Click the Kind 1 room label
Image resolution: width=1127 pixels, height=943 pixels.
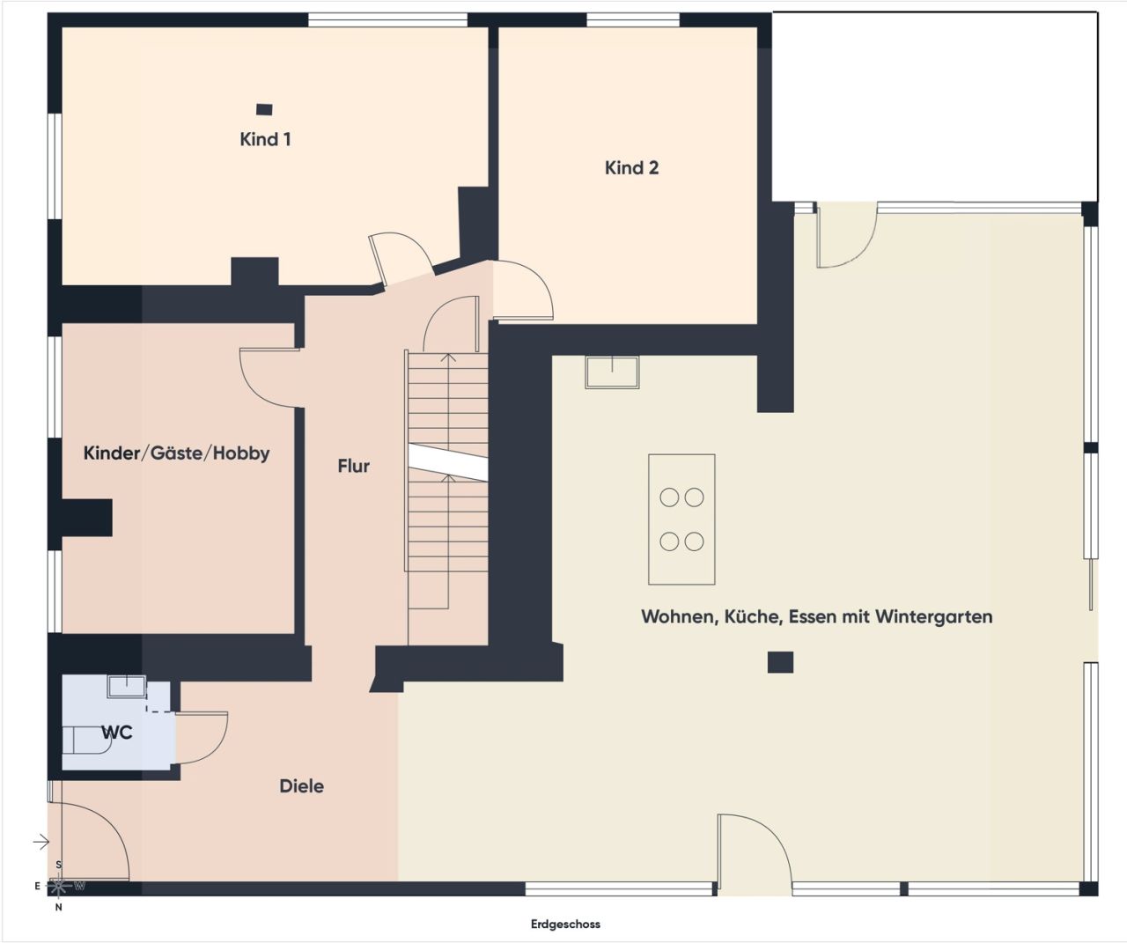point(265,139)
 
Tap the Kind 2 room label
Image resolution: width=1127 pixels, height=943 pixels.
point(631,167)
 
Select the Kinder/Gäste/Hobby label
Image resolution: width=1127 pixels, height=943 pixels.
point(176,453)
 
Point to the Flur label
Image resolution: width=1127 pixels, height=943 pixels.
point(353,466)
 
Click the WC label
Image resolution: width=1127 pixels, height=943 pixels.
point(116,733)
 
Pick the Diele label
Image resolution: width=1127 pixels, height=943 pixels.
point(301,785)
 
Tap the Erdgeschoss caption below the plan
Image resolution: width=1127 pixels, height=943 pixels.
point(565,924)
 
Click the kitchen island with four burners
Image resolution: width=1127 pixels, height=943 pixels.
point(681,519)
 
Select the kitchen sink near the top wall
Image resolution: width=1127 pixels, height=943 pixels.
point(612,372)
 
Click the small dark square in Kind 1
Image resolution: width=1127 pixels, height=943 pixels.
point(263,109)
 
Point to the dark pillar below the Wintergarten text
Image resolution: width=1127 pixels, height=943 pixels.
point(780,662)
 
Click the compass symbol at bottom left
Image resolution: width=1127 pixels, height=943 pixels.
point(59,885)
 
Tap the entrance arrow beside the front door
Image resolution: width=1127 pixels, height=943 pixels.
point(41,843)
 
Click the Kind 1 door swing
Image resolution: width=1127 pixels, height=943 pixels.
point(401,255)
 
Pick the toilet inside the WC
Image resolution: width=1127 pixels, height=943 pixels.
point(86,740)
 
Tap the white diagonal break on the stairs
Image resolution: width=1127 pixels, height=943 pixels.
point(447,463)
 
